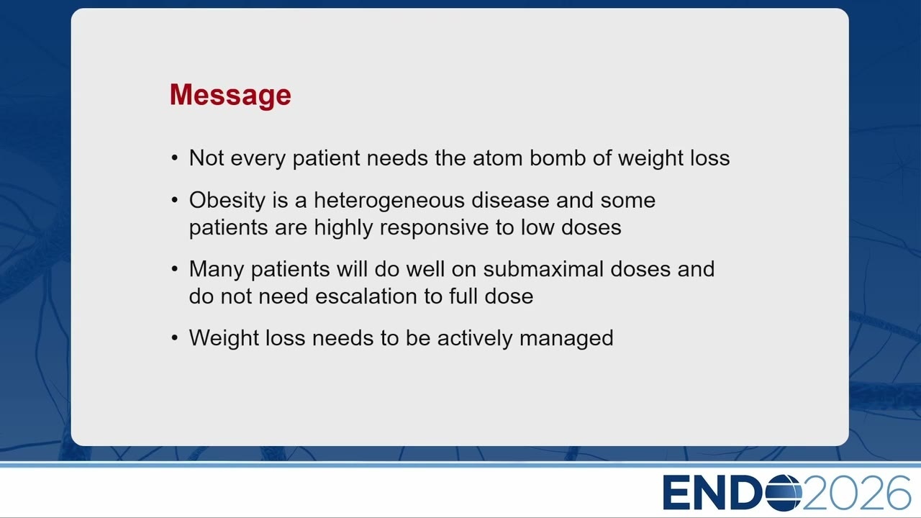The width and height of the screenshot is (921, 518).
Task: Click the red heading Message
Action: coord(230,96)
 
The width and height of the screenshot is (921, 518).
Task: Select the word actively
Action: coord(475,339)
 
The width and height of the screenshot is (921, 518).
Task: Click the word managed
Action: coord(566,339)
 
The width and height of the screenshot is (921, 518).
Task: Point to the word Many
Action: coord(217,270)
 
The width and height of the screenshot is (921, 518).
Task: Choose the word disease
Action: coord(510,200)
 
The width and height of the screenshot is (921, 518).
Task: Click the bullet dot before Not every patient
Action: coord(175,158)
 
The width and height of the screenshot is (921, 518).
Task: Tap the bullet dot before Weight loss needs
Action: coord(175,338)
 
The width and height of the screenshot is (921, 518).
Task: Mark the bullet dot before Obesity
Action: coord(175,200)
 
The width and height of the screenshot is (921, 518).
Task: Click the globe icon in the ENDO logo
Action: coord(784,493)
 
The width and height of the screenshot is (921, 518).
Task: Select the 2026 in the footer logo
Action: coord(857,493)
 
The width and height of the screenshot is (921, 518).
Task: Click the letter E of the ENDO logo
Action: coord(677,493)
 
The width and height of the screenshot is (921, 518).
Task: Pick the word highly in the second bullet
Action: coord(343,228)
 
